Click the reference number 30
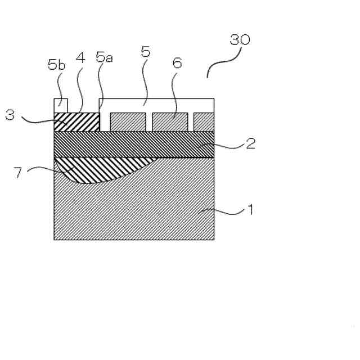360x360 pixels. click(x=240, y=40)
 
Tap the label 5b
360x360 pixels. click(x=57, y=65)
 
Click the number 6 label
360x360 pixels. click(x=177, y=63)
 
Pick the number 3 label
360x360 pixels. click(x=10, y=116)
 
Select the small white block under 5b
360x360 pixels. click(x=61, y=105)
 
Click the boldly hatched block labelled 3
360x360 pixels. click(x=76, y=121)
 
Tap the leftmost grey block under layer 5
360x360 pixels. click(x=128, y=121)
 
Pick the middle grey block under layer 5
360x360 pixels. click(x=170, y=121)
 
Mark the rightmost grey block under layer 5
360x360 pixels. click(x=204, y=121)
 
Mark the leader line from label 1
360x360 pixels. click(x=225, y=212)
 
